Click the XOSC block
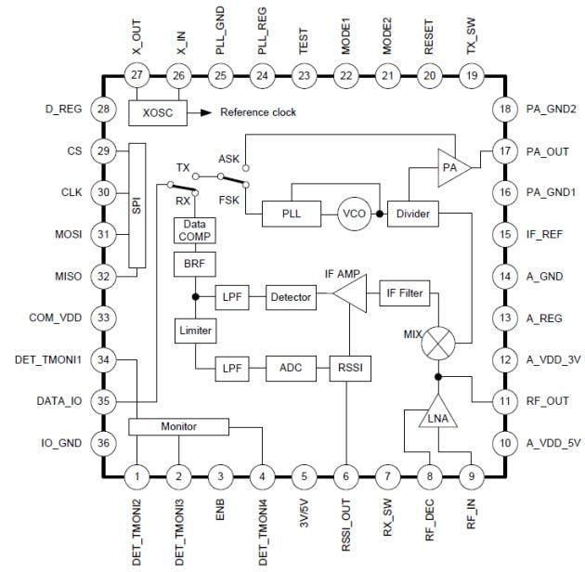tap(158, 111)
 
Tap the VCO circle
tap(353, 214)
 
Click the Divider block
tap(413, 214)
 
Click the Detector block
tap(291, 297)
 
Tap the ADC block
tap(291, 368)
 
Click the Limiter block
tap(195, 331)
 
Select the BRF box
tap(195, 264)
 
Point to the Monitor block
tap(179, 425)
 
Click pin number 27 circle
tap(136, 75)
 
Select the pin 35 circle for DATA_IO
tap(103, 402)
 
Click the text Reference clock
tap(258, 112)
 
